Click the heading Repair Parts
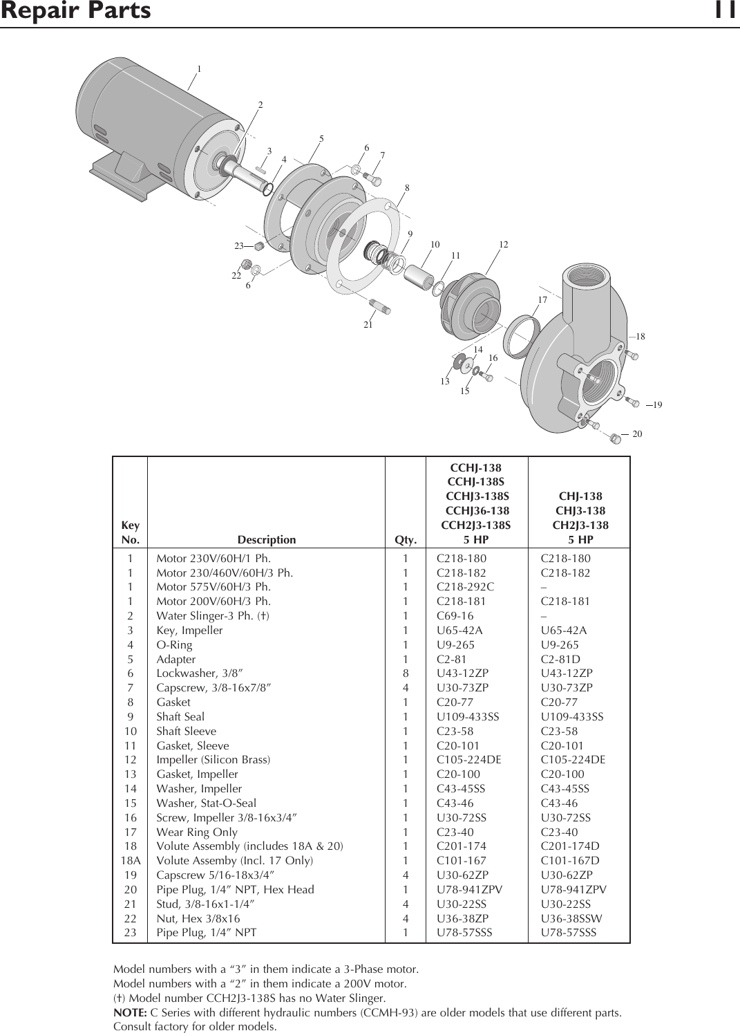75,12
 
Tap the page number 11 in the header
726,12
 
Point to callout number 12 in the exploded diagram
503,245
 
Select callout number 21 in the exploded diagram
368,324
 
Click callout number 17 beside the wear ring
542,300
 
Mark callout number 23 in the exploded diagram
239,245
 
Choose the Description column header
266,540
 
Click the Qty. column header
405,540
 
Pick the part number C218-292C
465,587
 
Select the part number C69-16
455,616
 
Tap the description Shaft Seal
180,717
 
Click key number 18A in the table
131,861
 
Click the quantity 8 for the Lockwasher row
406,673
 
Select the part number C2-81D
560,660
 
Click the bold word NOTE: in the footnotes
129,1014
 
